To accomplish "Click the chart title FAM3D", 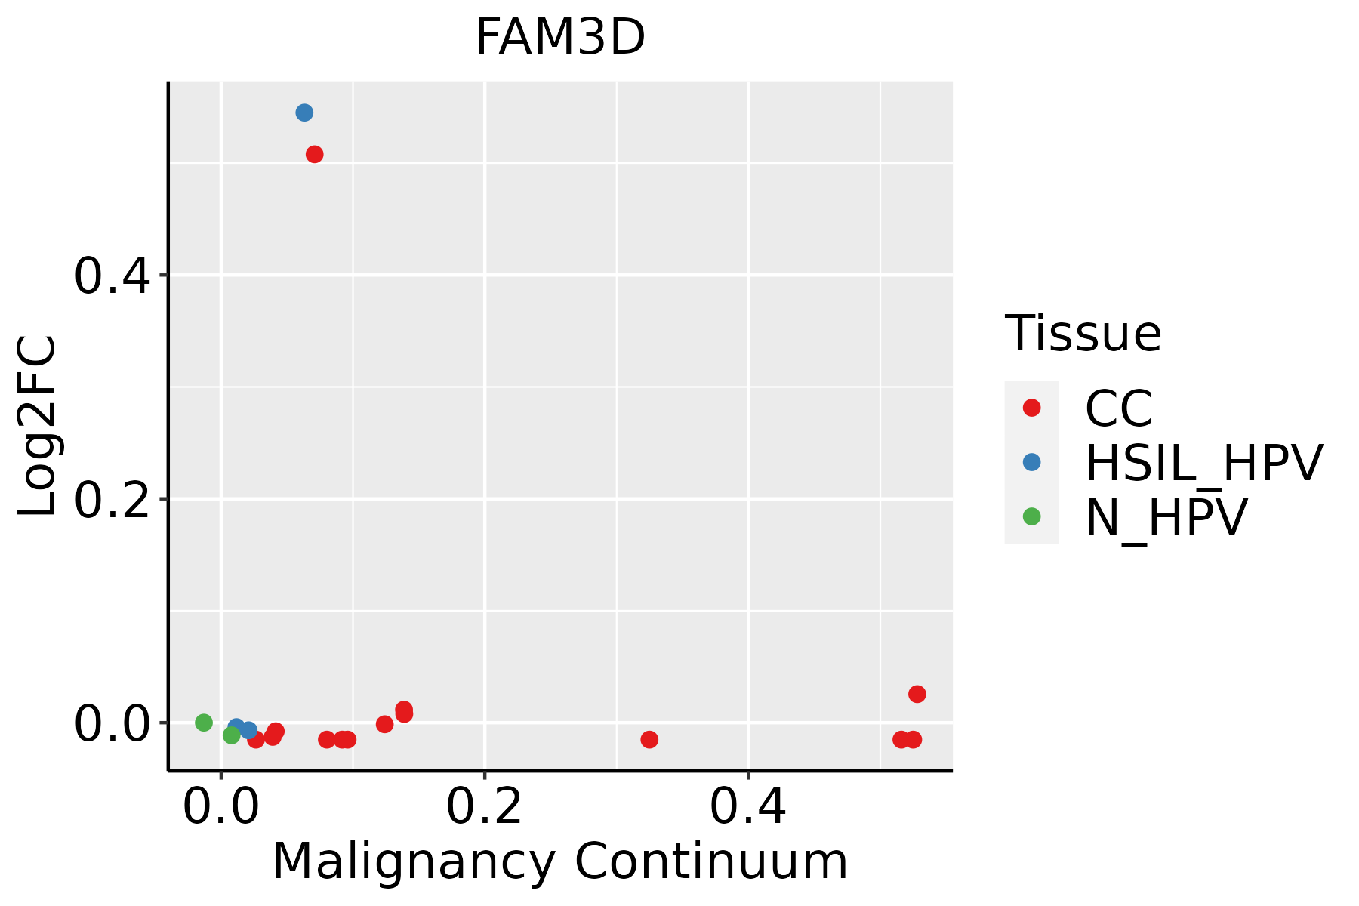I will [x=559, y=38].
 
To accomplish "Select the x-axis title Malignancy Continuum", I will [x=559, y=861].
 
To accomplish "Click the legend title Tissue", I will [x=1083, y=334].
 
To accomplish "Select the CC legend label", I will [x=1118, y=408].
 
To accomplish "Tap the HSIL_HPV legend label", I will [x=1203, y=463].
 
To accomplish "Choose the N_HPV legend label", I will [x=1166, y=517].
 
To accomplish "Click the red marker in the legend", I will [x=1031, y=408].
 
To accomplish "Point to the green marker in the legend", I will [x=1031, y=516].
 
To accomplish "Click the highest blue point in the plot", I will [x=304, y=113].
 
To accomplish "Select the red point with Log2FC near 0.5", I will [x=315, y=155].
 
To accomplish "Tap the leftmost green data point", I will [x=204, y=723].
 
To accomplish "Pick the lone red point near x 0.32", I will [x=649, y=739].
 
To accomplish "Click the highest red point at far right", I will [x=917, y=694].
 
